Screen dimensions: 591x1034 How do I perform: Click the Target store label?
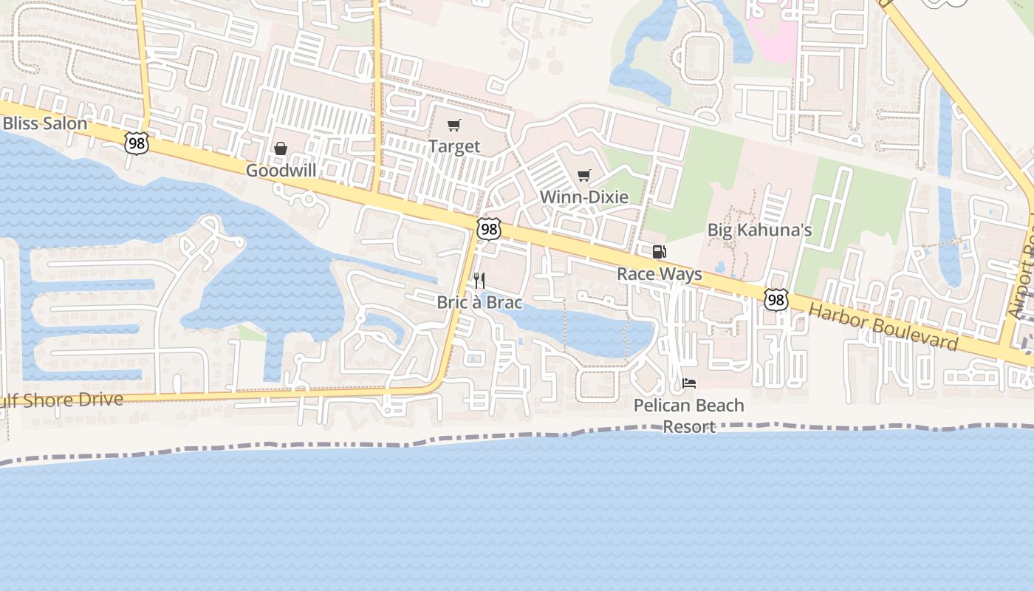pos(454,146)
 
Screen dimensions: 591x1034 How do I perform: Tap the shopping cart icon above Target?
pos(453,126)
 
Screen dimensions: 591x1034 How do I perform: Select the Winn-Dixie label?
pos(584,197)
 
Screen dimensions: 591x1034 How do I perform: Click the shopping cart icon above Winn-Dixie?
pos(584,176)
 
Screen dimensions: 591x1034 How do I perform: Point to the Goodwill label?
pos(281,171)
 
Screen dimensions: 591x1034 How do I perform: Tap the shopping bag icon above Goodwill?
pos(281,149)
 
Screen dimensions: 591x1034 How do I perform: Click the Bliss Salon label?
pos(44,123)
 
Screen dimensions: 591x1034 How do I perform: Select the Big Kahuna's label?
pos(759,230)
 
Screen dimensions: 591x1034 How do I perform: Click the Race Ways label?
pos(660,274)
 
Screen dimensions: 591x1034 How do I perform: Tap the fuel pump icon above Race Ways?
pos(659,252)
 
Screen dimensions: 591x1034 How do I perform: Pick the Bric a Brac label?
pos(479,302)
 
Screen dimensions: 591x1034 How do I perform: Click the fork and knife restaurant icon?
pos(479,281)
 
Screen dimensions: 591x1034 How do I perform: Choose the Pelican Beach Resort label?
pos(689,416)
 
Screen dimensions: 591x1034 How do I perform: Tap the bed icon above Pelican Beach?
pos(689,383)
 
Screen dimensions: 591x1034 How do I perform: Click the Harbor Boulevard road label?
pos(883,327)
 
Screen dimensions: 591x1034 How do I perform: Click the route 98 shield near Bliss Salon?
pos(136,143)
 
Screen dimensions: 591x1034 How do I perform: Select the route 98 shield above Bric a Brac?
pos(488,230)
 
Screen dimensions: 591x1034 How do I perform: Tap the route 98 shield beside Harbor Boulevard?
pos(775,299)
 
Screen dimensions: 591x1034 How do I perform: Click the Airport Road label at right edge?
pos(1023,281)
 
